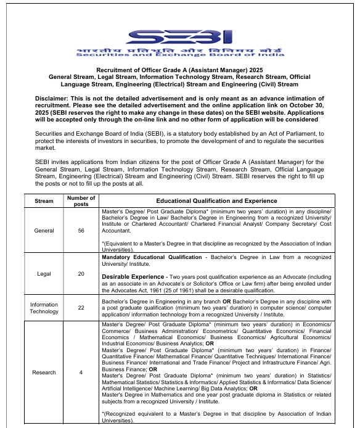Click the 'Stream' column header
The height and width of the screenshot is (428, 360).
tap(44, 200)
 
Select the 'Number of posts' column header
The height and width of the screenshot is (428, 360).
tap(81, 201)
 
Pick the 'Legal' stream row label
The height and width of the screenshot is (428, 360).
tap(44, 274)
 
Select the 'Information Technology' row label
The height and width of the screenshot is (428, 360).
tap(44, 308)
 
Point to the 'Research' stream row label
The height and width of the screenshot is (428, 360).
tap(44, 372)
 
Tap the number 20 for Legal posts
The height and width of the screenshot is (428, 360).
tap(81, 274)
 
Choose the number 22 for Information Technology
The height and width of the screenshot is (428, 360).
tap(81, 308)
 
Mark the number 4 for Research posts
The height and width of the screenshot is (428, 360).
tap(81, 372)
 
